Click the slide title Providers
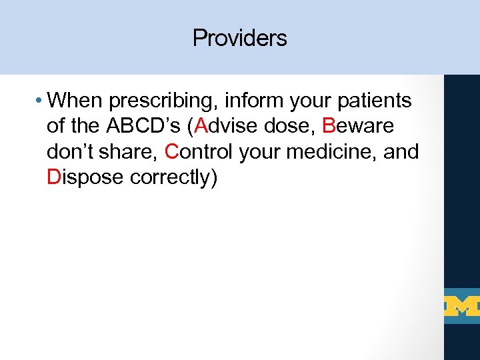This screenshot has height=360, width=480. click(x=239, y=38)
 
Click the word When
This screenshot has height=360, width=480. click(x=75, y=101)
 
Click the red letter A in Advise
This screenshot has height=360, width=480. click(x=198, y=127)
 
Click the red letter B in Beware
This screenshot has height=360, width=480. click(x=328, y=127)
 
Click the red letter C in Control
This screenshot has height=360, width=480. click(x=172, y=152)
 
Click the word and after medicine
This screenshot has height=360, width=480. click(x=402, y=152)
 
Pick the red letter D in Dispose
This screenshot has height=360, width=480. click(x=54, y=177)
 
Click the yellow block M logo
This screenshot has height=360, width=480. click(x=461, y=306)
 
